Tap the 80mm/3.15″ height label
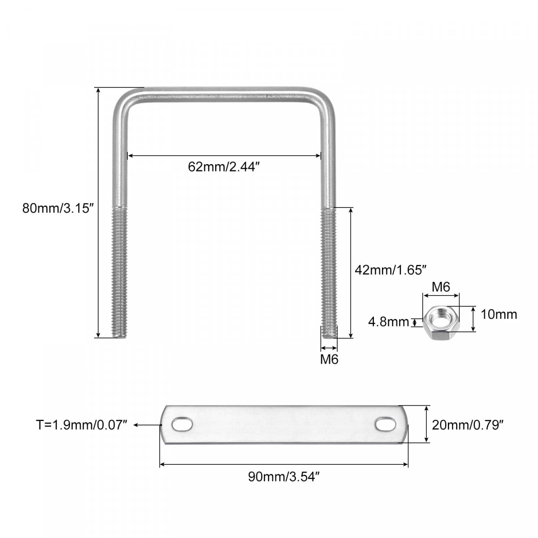click(x=58, y=208)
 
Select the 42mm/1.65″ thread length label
click(x=390, y=270)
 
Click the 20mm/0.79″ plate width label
click(x=468, y=425)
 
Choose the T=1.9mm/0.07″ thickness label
click(x=82, y=425)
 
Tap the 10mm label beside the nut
click(x=499, y=315)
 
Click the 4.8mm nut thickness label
click(x=388, y=322)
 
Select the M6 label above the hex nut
click(x=441, y=287)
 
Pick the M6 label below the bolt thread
click(x=329, y=359)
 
